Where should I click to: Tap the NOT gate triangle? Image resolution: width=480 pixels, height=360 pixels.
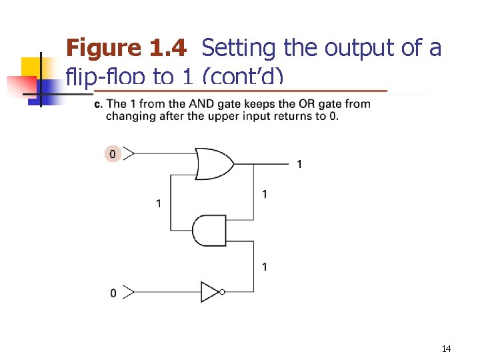pos(210,291)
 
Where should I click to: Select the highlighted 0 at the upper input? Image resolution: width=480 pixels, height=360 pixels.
pos(113,154)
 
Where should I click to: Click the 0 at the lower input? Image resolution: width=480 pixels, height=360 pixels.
pos(113,293)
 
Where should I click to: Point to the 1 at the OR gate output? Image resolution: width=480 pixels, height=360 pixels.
pos(299,164)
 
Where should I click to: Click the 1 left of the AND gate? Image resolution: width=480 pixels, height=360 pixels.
pos(158,203)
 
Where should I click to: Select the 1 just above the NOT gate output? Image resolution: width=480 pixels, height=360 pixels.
pos(265,267)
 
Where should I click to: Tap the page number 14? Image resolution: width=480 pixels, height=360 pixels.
pos(446,349)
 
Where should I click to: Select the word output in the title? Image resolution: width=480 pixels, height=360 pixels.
pos(354,48)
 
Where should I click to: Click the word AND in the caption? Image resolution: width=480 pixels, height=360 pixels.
pos(201,104)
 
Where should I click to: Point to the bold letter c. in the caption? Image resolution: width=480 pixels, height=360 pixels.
pos(98,104)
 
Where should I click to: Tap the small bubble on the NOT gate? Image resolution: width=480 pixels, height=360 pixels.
pos(222,291)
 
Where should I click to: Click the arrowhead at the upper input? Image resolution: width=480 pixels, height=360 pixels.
pos(129,154)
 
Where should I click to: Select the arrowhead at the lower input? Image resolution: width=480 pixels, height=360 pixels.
pos(129,292)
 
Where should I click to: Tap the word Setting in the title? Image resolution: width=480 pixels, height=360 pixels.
pos(239,48)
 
